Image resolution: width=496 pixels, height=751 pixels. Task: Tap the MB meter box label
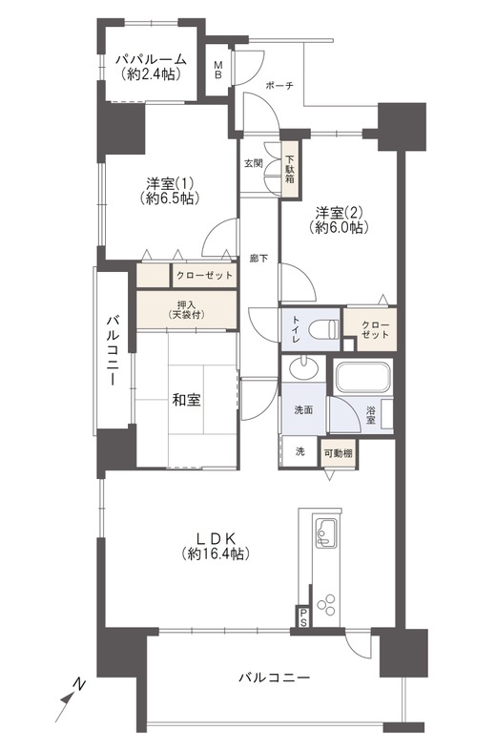(x=218, y=70)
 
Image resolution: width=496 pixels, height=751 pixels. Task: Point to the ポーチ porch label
(x=279, y=86)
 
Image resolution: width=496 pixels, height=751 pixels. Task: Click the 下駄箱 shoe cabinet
(x=290, y=169)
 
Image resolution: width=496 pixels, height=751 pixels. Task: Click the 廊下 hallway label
(x=258, y=258)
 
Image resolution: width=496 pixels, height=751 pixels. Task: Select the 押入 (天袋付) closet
(x=185, y=308)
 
